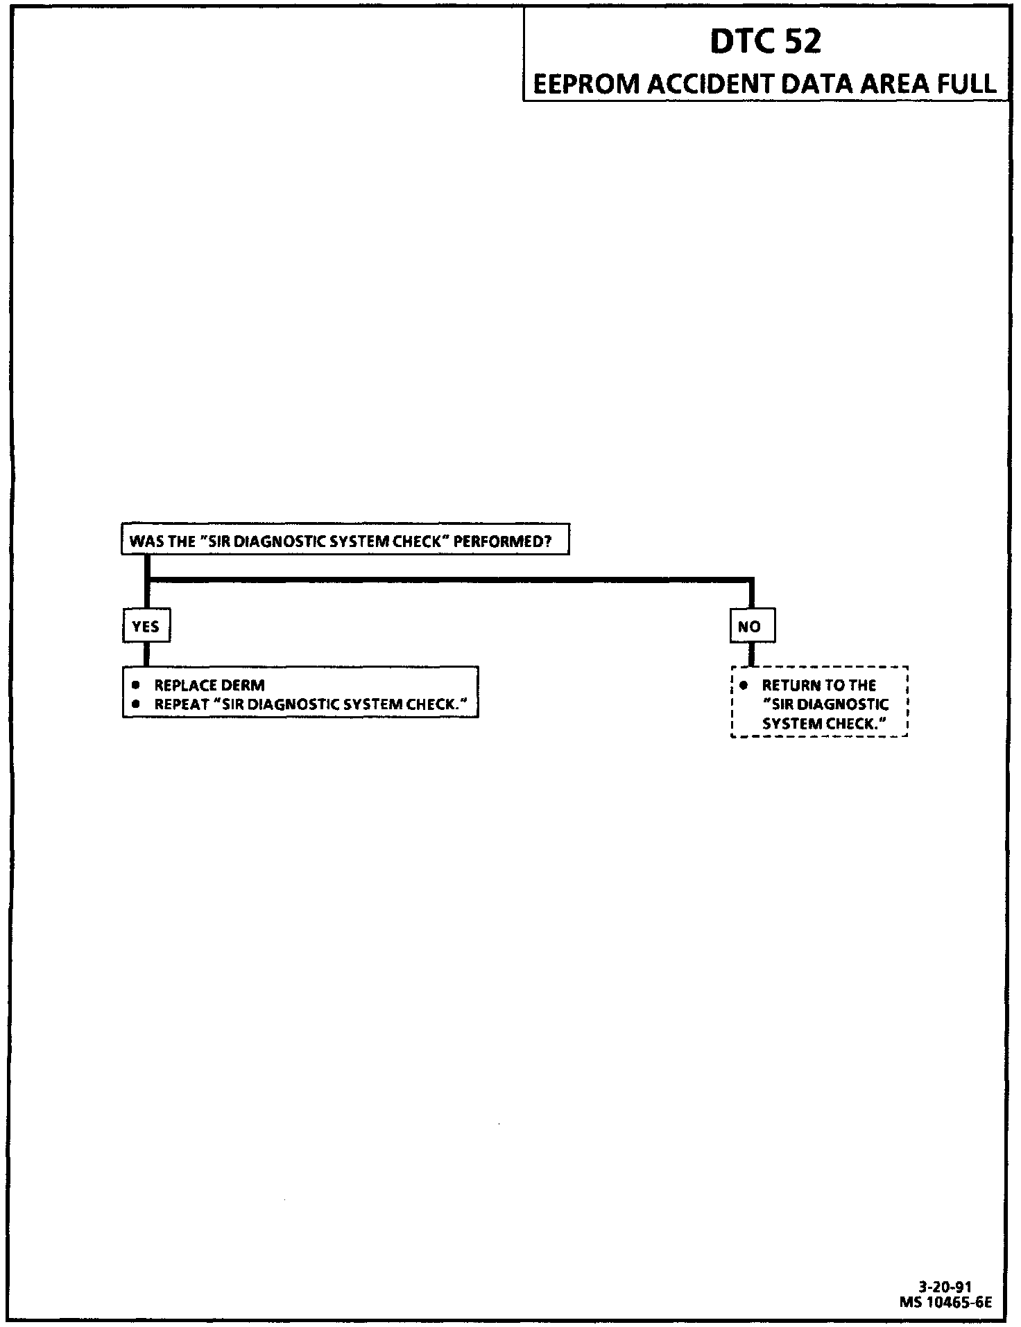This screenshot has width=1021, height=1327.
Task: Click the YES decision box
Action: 146,626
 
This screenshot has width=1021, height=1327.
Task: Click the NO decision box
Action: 752,626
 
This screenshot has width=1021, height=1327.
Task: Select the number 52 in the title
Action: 803,42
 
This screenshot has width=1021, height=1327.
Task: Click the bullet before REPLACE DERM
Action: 137,685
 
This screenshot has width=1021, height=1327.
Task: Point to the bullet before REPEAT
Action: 137,704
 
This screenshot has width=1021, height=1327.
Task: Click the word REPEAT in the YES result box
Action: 182,704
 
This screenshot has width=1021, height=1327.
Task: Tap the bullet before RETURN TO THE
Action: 744,685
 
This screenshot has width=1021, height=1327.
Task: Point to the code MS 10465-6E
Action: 946,1302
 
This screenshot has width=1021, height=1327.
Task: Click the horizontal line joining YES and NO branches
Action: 451,579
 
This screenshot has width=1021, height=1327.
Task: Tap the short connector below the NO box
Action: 752,654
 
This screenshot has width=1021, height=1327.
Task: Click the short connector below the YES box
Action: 146,654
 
